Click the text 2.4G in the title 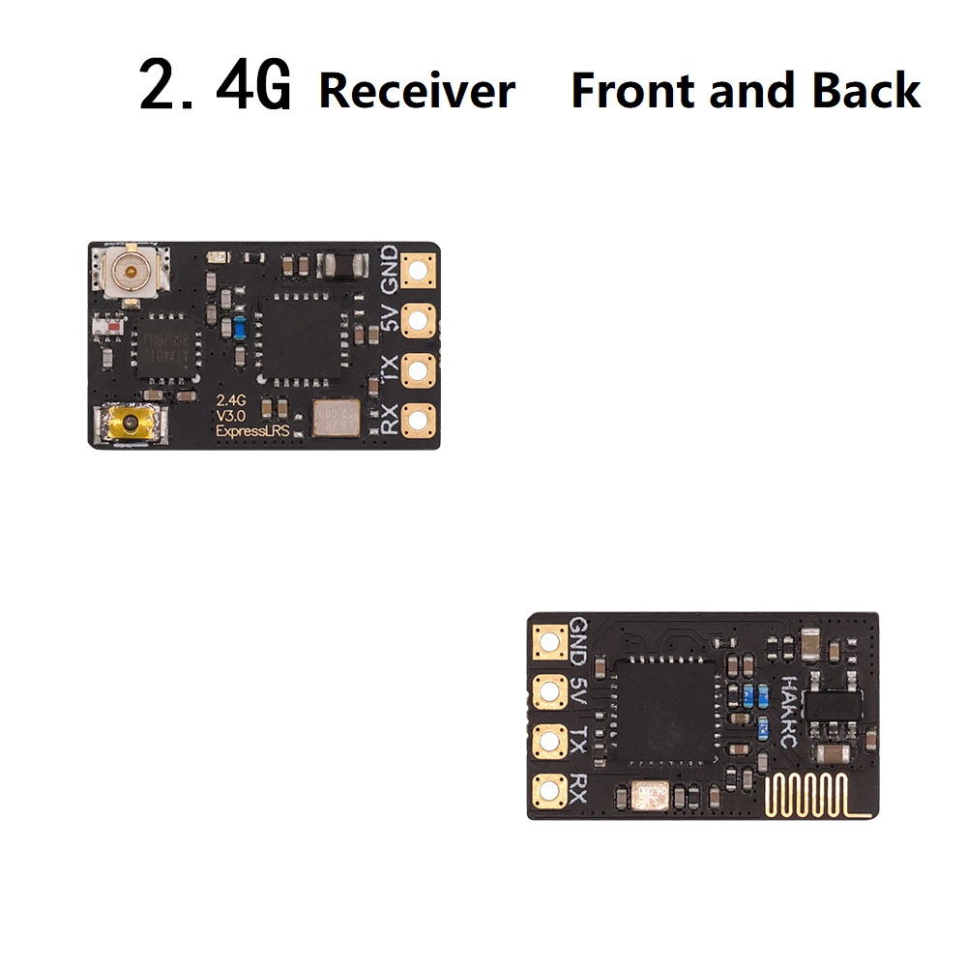(215, 87)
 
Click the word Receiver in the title (417, 91)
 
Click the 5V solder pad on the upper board (419, 318)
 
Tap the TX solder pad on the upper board (419, 368)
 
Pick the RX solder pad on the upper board (419, 419)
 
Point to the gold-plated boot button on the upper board (124, 424)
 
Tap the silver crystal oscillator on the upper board (335, 418)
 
